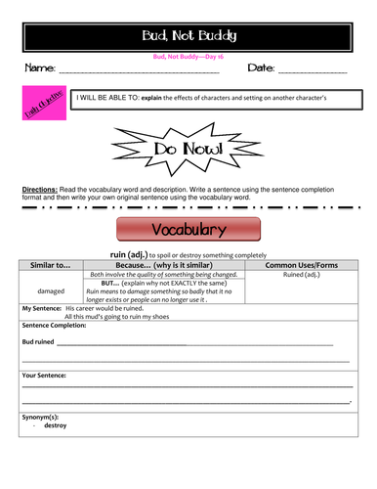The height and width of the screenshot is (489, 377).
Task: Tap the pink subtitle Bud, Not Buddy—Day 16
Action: pos(188,58)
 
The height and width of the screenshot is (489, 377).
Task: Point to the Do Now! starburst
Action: pos(188,149)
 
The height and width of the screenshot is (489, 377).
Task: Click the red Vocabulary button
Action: pos(188,230)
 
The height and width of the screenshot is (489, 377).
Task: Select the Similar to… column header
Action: pos(51,265)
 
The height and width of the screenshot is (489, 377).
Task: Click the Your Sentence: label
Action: pos(44,375)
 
